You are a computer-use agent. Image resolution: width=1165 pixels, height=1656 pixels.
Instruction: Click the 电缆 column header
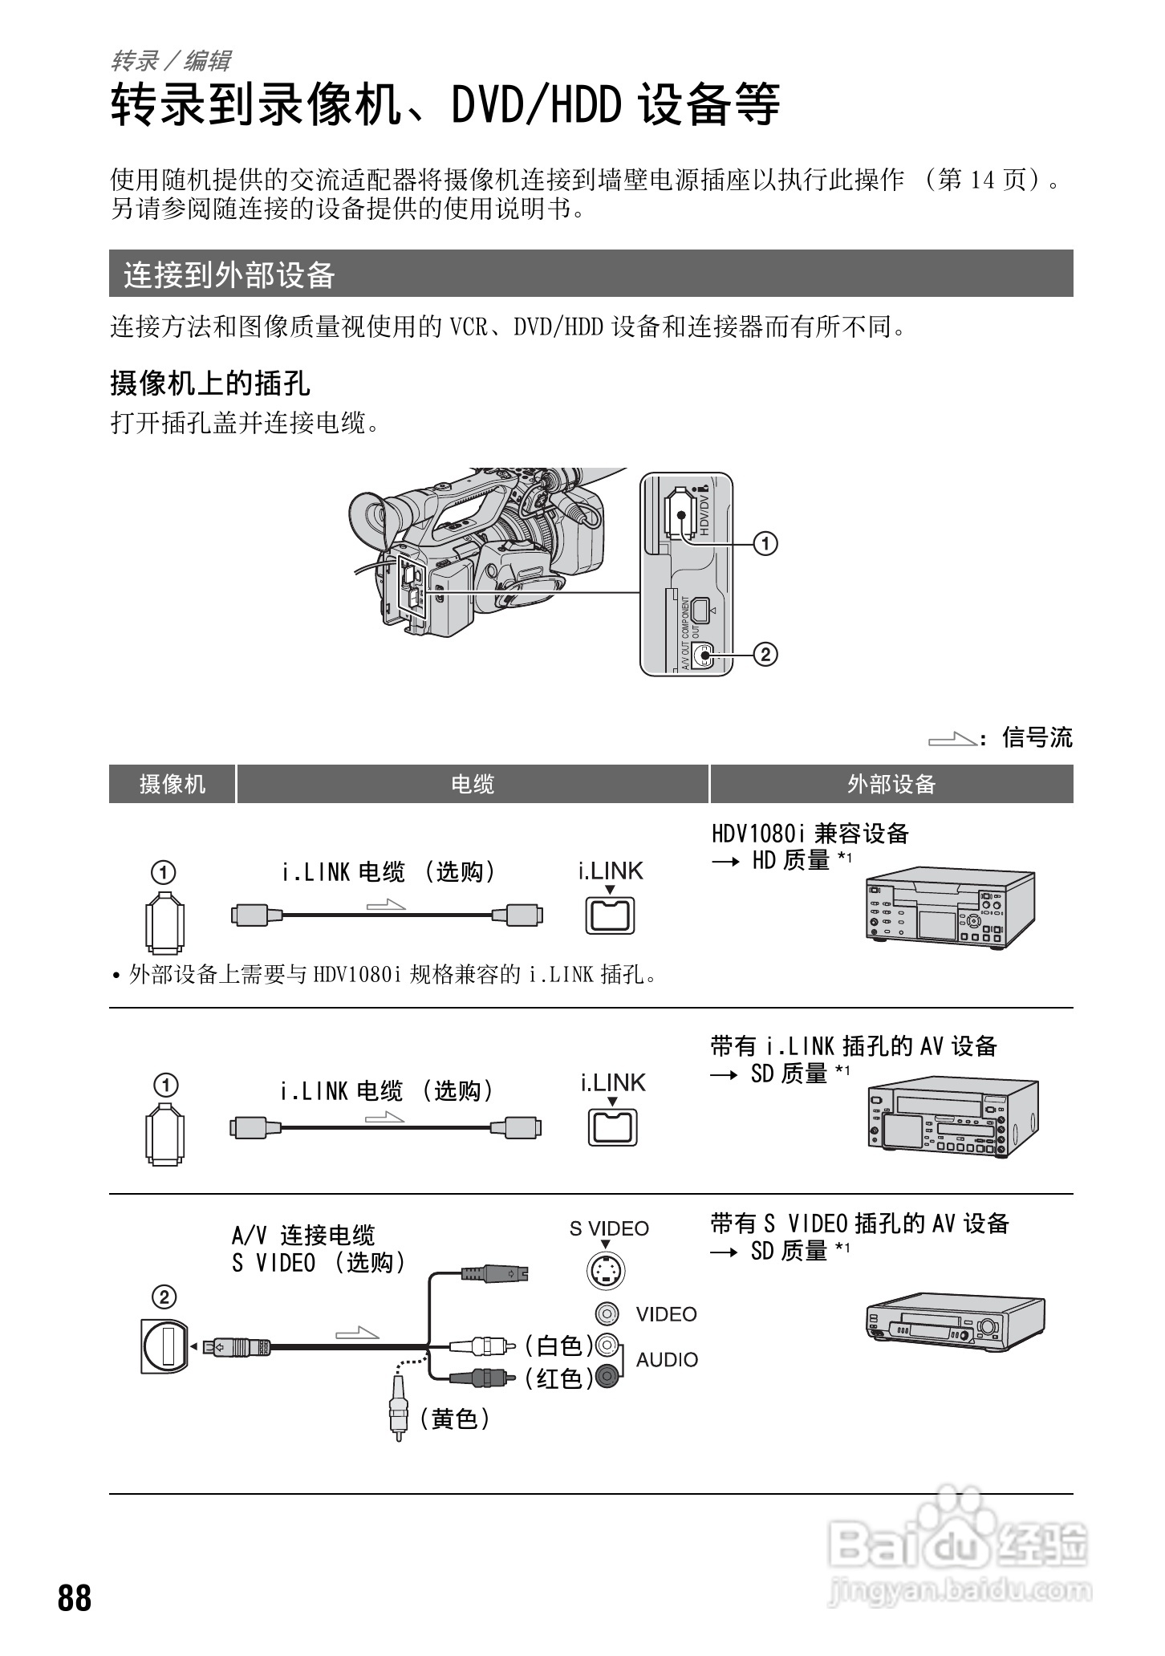(x=473, y=784)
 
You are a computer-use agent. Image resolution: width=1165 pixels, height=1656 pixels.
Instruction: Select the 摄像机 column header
(x=173, y=784)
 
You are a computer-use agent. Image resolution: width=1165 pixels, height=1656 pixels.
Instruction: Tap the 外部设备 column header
(x=891, y=784)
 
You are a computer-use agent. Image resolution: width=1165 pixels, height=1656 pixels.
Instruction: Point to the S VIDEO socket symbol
(x=606, y=1271)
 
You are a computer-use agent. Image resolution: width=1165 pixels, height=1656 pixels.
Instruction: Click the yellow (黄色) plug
(x=397, y=1414)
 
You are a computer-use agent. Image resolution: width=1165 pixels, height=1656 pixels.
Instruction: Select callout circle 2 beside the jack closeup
(x=765, y=655)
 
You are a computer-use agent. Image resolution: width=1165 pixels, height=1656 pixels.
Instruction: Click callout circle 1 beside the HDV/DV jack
(x=765, y=544)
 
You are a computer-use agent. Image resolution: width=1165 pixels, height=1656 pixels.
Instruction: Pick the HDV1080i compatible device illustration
(x=951, y=908)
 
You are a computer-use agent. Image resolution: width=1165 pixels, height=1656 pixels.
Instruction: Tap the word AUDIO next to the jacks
(x=667, y=1360)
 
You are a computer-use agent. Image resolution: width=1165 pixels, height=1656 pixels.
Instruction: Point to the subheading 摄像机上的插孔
(x=210, y=384)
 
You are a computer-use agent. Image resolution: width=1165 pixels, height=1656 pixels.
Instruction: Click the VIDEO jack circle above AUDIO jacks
(x=607, y=1313)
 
